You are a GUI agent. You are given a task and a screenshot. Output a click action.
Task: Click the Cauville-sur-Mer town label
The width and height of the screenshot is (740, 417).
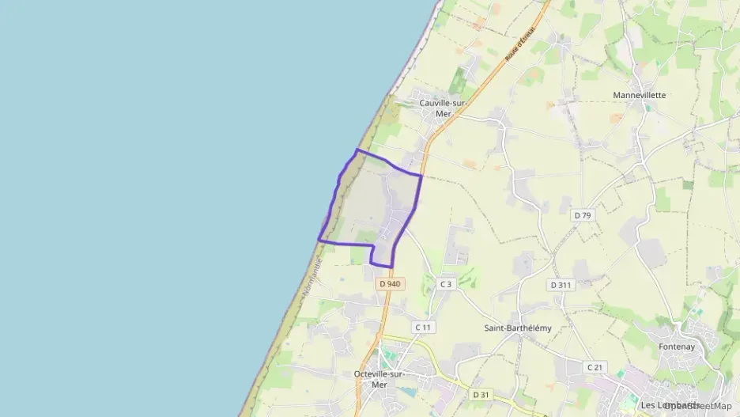click(444, 108)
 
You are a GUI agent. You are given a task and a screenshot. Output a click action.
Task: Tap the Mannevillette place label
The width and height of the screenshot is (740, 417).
click(640, 95)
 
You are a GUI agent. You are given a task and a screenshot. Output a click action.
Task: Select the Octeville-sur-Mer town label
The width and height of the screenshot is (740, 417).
click(380, 379)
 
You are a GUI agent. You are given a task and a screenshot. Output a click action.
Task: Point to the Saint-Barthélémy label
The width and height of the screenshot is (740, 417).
click(518, 328)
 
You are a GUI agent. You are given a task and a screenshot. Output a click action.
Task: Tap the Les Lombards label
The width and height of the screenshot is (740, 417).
click(669, 405)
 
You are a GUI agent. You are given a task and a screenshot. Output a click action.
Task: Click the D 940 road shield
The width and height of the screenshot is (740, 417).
click(391, 283)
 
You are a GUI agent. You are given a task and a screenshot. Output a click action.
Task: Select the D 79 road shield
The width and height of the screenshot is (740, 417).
click(583, 215)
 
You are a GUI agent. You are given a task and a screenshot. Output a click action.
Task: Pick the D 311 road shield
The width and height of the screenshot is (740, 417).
click(560, 284)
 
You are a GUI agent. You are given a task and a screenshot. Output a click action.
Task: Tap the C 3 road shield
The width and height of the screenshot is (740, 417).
click(446, 284)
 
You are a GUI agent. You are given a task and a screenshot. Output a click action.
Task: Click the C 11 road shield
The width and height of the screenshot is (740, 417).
click(423, 327)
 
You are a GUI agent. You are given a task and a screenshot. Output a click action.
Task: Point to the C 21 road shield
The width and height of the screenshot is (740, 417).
click(595, 367)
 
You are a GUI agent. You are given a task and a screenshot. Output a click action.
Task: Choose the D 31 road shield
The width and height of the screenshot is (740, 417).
click(481, 394)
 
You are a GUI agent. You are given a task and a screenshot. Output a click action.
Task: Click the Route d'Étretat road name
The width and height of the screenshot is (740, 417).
click(520, 44)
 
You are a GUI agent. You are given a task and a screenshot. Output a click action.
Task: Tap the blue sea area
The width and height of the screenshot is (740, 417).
click(158, 198)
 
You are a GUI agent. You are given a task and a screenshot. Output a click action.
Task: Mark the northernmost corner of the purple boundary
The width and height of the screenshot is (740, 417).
click(357, 150)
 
